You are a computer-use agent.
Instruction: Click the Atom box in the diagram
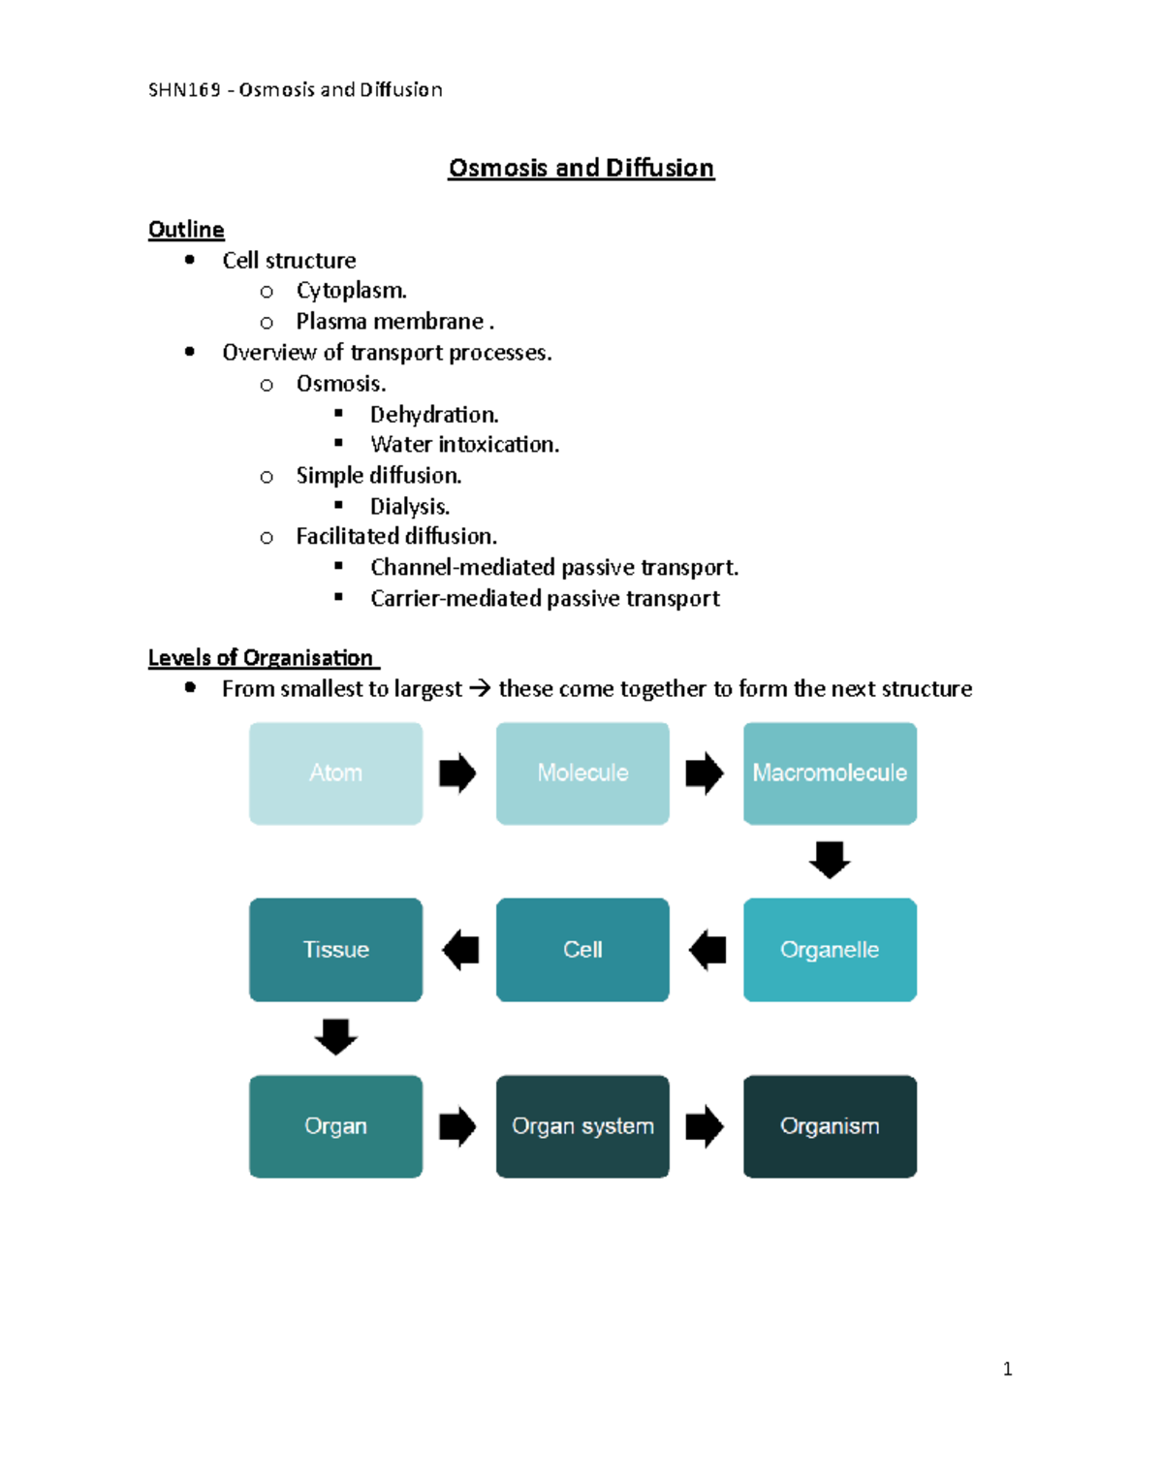point(335,773)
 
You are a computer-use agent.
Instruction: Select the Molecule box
point(582,773)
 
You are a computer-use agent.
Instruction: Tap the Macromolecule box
point(830,773)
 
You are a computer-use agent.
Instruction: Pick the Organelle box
point(830,950)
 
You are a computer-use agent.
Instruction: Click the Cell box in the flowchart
point(582,950)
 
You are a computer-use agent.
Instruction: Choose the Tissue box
point(335,950)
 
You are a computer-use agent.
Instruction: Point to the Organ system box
point(582,1126)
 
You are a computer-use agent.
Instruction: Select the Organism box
point(830,1126)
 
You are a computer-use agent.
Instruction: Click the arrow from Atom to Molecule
point(457,773)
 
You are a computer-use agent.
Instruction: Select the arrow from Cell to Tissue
point(460,950)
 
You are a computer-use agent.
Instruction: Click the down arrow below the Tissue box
point(335,1036)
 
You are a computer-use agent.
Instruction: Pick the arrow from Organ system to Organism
point(705,1126)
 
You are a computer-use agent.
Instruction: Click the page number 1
point(1008,1369)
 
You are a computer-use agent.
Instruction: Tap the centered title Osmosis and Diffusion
point(581,168)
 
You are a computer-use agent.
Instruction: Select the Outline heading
point(186,230)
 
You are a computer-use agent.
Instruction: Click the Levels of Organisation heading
point(261,658)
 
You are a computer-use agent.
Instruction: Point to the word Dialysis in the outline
point(409,506)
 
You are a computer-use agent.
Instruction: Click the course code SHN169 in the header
point(184,90)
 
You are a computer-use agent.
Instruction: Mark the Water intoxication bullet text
point(464,445)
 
